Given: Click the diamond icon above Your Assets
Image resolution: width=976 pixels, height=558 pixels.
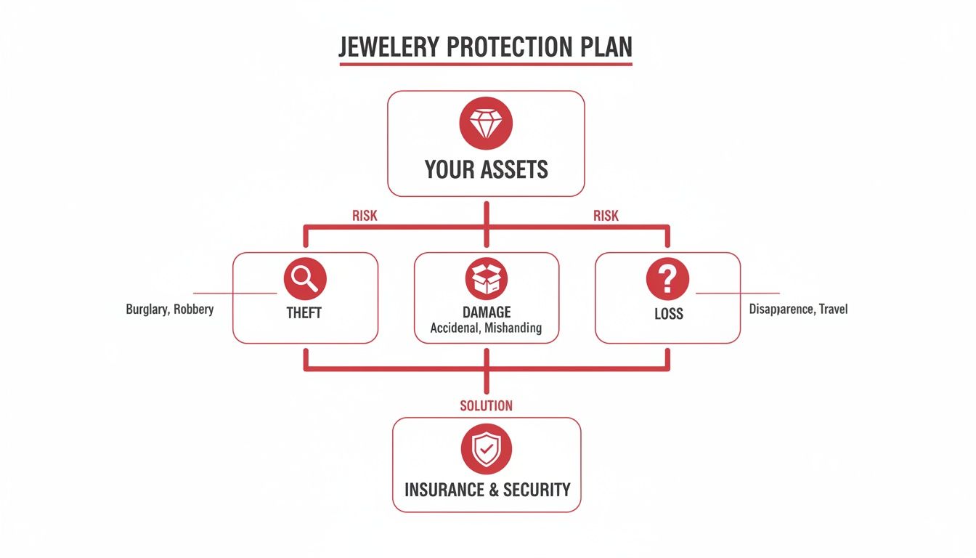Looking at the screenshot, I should tap(486, 124).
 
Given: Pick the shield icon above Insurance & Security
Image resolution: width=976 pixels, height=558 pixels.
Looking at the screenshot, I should tap(486, 450).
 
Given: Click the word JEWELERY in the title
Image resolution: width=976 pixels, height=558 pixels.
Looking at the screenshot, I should tap(389, 47).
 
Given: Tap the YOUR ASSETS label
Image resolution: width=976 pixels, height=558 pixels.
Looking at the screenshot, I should tap(486, 170).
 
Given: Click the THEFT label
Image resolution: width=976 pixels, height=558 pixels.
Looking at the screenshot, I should tap(305, 314).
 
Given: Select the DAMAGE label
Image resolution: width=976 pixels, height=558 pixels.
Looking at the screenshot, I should tap(486, 312).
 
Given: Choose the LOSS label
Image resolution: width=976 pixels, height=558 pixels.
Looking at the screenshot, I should tap(667, 314).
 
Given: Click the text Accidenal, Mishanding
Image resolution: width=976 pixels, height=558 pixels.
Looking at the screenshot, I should tap(486, 328).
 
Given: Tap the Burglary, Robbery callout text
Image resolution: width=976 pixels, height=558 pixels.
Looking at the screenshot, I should tap(170, 310).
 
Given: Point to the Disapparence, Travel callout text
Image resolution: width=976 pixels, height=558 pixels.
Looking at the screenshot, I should tap(798, 310).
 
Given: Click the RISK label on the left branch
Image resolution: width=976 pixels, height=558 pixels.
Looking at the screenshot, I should tap(365, 216).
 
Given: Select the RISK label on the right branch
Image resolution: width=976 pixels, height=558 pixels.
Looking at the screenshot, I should tap(606, 216).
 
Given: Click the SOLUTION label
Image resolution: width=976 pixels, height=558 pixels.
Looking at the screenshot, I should tap(486, 405).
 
